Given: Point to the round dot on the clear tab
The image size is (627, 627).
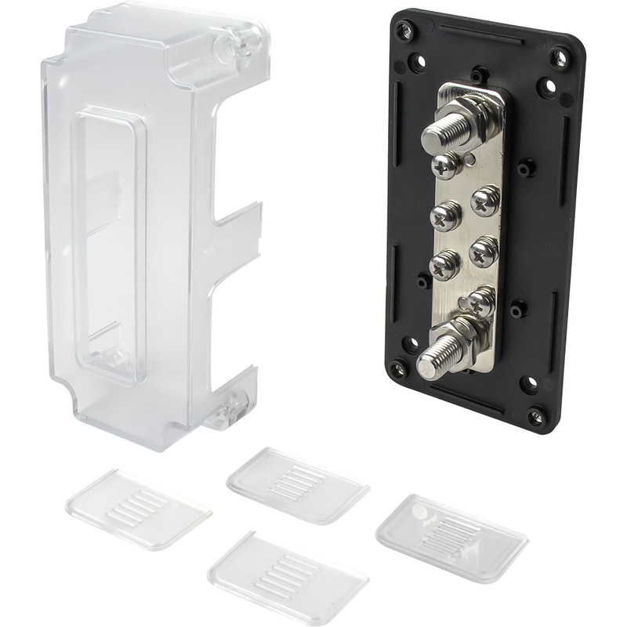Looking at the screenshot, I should click(x=421, y=512).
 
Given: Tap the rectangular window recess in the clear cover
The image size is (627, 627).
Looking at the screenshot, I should click(x=111, y=243).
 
